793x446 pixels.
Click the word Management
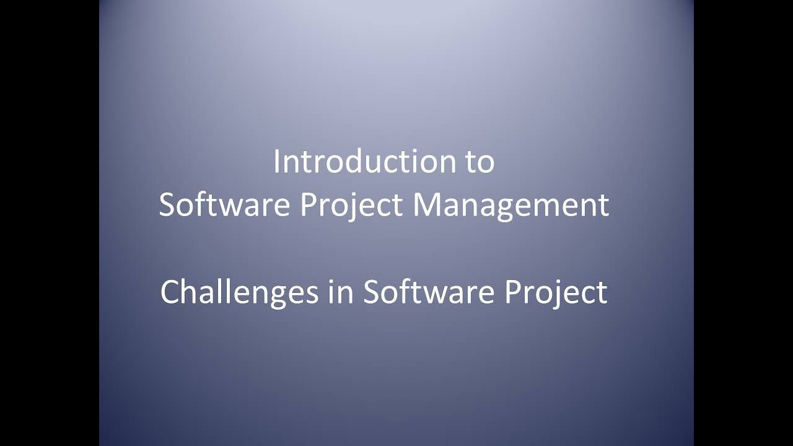[x=511, y=205]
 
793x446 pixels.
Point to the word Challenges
[x=239, y=292]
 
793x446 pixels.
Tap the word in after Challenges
[x=340, y=292]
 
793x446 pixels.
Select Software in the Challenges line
[x=428, y=292]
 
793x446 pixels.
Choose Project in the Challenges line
[x=555, y=292]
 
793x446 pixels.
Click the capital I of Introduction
[x=276, y=162]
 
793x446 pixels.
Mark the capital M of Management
[x=426, y=205]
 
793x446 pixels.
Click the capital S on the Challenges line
[x=371, y=292]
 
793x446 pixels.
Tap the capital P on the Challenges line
[x=513, y=292]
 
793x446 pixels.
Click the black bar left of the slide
[x=50, y=223]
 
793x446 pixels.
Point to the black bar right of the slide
[x=743, y=223]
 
